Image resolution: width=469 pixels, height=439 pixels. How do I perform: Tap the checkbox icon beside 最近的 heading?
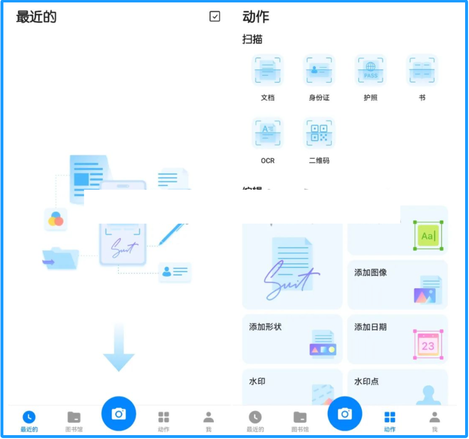coord(214,16)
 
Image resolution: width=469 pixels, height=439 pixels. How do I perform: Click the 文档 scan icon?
coord(267,70)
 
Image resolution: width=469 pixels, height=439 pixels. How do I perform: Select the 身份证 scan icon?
coord(319,70)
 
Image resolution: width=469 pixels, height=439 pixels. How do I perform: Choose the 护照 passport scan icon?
coord(371,70)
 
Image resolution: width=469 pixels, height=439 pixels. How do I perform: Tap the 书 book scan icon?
coord(422,70)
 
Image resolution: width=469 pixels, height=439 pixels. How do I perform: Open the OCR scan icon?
coord(267,133)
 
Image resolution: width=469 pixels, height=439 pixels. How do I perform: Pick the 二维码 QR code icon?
coord(319,133)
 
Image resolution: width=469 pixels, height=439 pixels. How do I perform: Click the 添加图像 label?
coord(371,273)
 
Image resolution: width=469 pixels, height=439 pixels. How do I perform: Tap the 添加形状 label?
coord(265,327)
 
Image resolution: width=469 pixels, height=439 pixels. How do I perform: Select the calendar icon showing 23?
coord(428,344)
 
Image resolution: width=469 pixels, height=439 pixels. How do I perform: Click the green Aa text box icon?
coord(428,236)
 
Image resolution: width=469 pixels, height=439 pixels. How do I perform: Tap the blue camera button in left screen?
coord(118,413)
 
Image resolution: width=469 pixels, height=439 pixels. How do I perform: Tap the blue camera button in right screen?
coord(345,413)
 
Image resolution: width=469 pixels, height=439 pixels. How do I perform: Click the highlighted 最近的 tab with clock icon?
coord(29,420)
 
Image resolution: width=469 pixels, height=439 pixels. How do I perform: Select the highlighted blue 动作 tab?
coord(389,420)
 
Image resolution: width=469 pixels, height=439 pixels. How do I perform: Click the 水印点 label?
coord(367,382)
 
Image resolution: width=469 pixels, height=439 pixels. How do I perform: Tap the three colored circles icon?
coord(56,219)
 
